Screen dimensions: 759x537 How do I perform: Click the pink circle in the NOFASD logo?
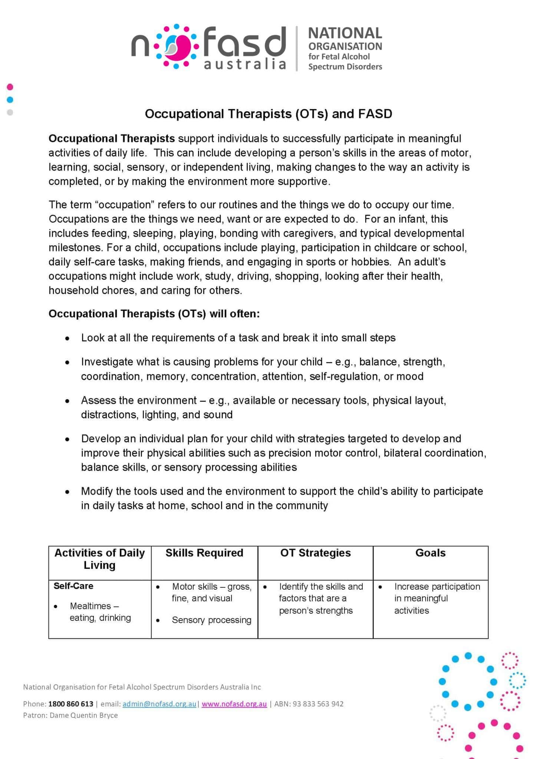coord(176,47)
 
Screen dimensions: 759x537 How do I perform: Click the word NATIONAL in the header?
coord(345,33)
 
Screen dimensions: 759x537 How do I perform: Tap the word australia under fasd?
coord(245,64)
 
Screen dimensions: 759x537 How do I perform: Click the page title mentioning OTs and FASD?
coord(268,114)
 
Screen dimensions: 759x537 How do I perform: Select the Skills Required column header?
coord(204,553)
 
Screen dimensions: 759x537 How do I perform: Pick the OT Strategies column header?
coord(315,553)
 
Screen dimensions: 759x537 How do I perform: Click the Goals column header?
coord(430,553)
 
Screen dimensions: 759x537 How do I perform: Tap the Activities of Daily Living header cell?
coord(99,559)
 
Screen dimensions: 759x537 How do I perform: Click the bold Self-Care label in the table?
coord(73,586)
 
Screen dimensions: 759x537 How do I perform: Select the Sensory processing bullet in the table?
coord(211,620)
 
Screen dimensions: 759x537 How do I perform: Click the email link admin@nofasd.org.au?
coord(159,704)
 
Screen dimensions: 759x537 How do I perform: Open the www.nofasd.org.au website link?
coord(234,704)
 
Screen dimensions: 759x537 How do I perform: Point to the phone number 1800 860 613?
coord(70,704)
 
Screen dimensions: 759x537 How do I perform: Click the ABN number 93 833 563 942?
coord(318,704)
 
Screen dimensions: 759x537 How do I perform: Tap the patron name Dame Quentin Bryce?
coord(83,715)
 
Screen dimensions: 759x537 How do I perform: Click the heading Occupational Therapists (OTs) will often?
coord(154,314)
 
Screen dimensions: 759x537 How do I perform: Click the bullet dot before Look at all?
coord(67,338)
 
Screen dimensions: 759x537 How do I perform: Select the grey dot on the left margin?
coord(10,112)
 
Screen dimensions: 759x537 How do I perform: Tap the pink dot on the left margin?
coord(10,87)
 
